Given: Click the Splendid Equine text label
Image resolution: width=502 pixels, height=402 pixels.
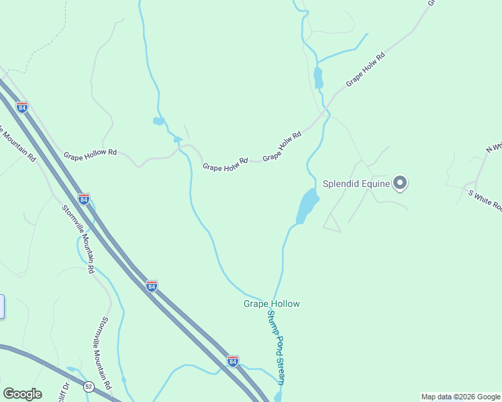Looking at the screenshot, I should tap(356, 183).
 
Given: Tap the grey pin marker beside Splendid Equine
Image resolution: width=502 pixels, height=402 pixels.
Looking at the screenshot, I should tap(400, 182).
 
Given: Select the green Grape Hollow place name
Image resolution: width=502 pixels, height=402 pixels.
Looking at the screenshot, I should tap(271, 304).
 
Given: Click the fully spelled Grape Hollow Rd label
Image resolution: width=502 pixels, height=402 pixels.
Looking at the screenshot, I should tap(90, 153).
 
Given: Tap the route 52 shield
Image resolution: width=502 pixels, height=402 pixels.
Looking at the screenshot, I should tap(89, 387).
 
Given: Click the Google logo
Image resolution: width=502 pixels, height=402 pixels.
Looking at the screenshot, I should tap(22, 394).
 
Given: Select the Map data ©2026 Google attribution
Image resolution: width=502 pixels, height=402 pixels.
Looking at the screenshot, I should tap(461, 397).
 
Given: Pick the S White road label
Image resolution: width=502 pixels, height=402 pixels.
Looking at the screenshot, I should tap(485, 200).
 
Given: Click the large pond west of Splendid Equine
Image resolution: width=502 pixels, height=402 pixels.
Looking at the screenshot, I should tap(307, 206).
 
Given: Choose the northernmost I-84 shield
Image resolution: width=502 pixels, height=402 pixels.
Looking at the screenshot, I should tap(22, 107).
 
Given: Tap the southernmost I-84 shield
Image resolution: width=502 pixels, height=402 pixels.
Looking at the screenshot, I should tap(232, 360).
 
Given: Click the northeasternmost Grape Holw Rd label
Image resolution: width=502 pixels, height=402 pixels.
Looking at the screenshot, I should tap(365, 70).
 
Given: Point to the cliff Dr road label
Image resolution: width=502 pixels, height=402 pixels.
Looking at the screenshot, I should tap(66, 389).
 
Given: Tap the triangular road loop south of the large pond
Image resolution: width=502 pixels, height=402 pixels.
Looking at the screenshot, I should tap(331, 224).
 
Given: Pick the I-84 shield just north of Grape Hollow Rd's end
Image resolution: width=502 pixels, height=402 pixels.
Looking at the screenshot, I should tap(83, 200).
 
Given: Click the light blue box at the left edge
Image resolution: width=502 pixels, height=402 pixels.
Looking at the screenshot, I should tap(2, 306).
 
